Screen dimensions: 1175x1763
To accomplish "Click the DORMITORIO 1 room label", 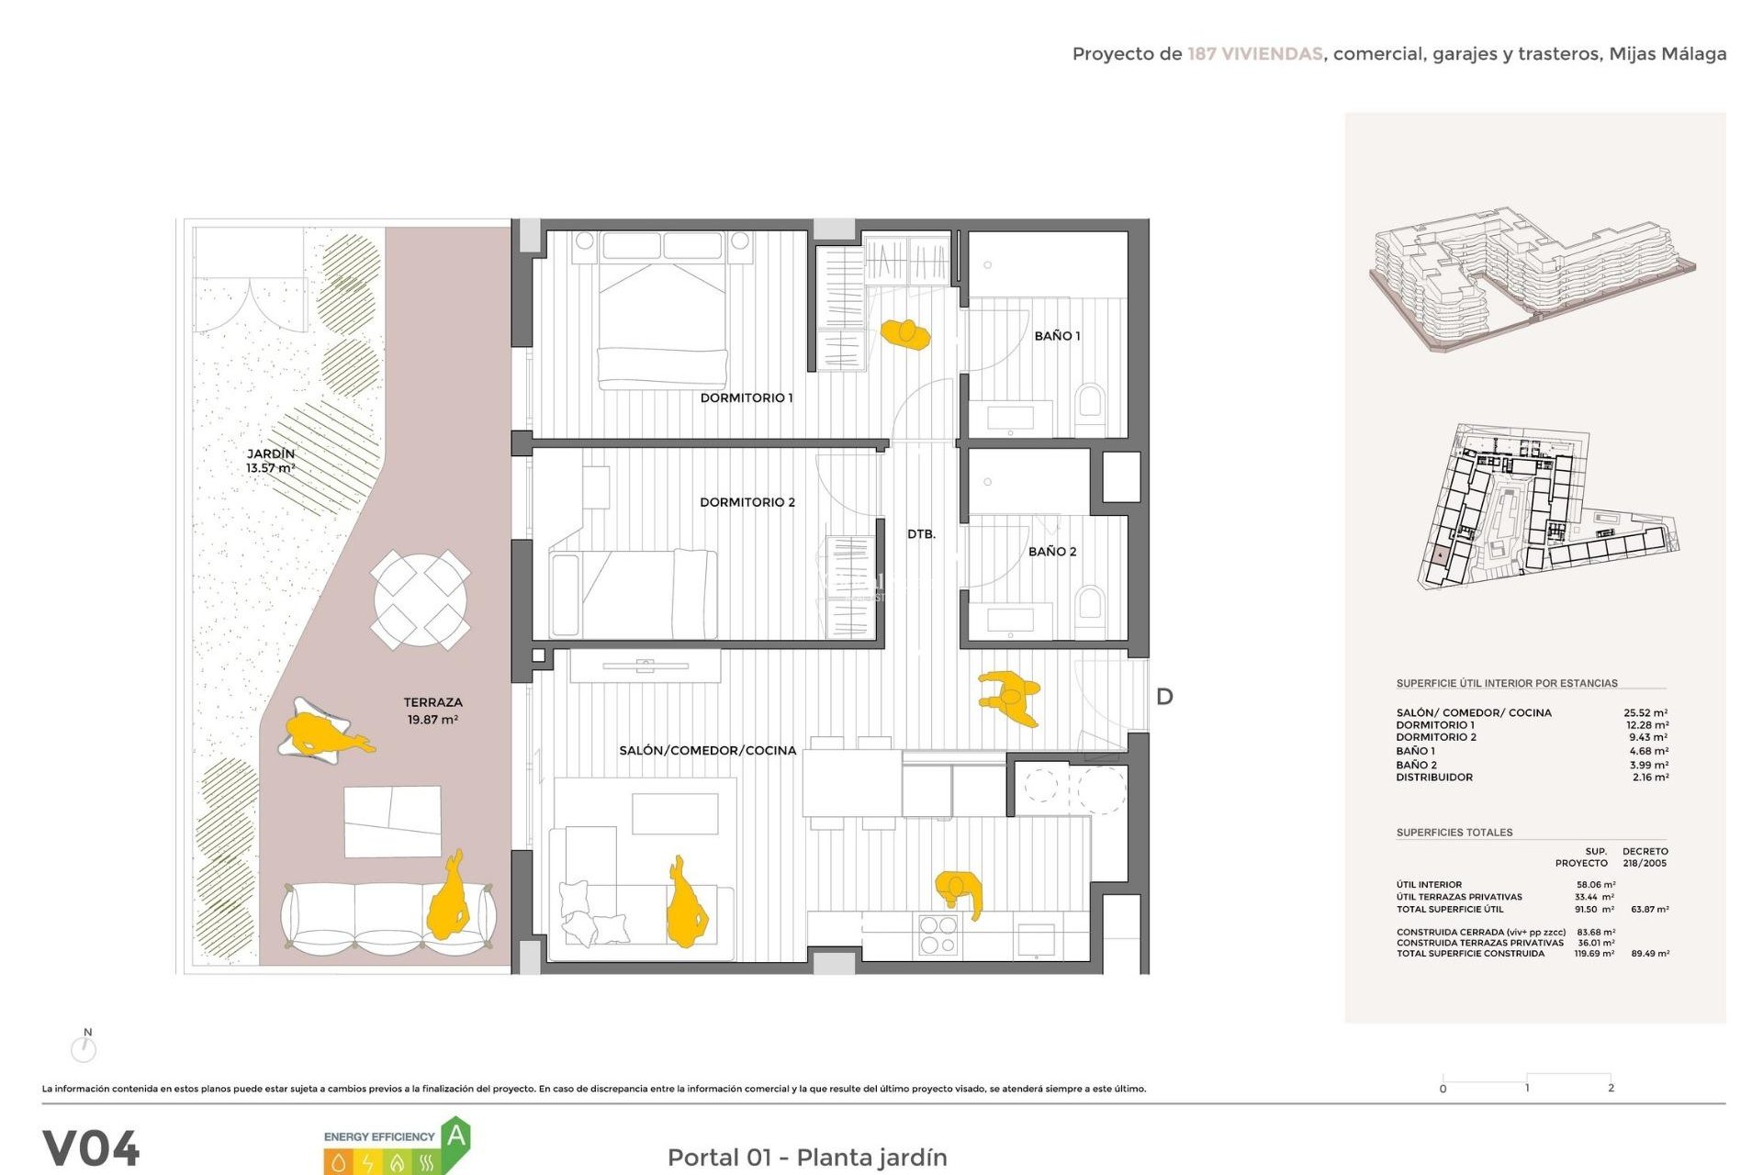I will coord(746,397).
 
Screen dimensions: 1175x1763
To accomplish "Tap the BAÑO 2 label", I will coord(1051,551).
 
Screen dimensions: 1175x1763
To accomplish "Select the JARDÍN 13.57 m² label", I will coord(270,461).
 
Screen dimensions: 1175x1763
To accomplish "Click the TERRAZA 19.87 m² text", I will coord(432,711).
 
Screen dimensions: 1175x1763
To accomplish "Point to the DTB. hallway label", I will coord(921,533).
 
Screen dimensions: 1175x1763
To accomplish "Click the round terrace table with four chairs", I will coord(421,599).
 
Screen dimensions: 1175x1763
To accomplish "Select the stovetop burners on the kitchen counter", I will coord(938,934).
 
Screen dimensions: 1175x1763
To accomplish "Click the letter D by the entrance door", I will coord(1164,697).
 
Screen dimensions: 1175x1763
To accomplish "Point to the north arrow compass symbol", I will coord(84,1046).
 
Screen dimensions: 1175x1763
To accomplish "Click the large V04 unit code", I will coord(91,1147).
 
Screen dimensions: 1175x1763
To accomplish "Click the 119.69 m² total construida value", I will coord(1594,954).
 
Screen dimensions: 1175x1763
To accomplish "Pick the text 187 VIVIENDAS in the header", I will coord(1254,54).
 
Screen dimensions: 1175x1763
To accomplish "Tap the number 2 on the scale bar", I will coord(1611,1088).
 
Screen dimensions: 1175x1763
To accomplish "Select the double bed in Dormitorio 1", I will coord(662,308).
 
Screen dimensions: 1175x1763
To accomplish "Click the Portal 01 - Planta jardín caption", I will coord(806,1157).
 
